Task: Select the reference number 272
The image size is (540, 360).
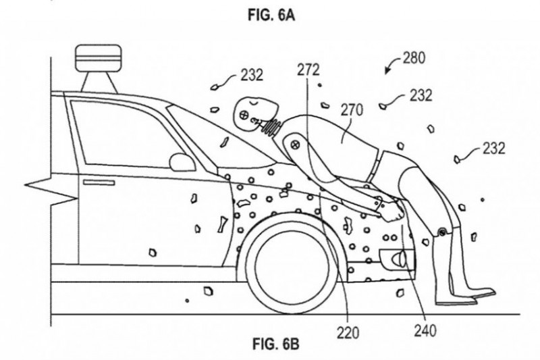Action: pos(308,70)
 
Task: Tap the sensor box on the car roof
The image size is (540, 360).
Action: pos(98,57)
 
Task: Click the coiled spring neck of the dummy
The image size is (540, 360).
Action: pos(272,124)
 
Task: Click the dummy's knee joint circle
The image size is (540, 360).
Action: pos(443,232)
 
